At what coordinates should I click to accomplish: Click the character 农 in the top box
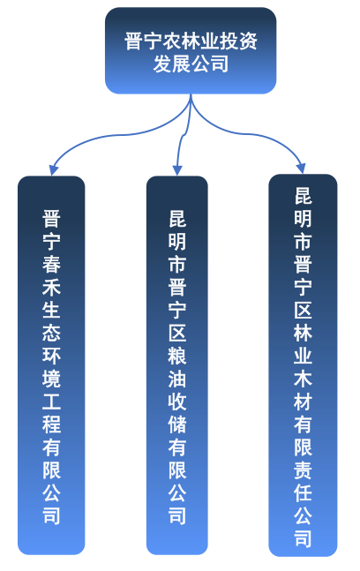172,41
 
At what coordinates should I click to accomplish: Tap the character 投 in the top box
229,41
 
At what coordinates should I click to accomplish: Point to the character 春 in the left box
51,264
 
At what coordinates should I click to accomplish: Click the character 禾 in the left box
51,287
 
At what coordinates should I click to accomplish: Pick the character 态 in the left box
51,333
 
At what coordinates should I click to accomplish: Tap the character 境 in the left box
51,379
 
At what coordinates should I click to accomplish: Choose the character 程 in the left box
51,424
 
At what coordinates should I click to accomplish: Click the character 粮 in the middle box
177,356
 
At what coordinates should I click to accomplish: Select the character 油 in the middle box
177,379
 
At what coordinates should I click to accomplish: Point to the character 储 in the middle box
177,424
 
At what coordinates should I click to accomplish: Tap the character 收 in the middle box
177,401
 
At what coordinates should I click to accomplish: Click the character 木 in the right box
303,379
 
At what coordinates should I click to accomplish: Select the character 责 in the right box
303,470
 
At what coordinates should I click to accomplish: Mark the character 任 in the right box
303,492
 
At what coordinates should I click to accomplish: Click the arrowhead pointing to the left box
53,170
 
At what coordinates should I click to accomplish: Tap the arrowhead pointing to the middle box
177,170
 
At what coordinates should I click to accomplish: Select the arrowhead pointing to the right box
301,169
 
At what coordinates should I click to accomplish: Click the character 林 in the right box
303,333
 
